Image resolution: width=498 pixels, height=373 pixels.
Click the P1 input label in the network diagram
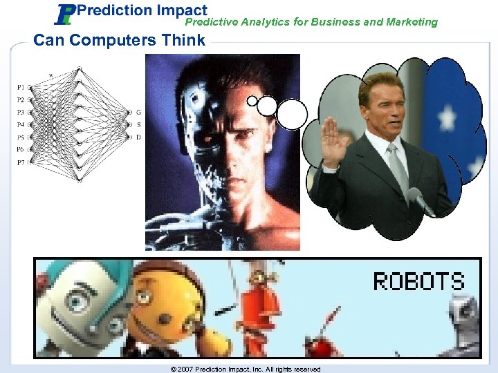21,88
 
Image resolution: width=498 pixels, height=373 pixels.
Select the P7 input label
21,162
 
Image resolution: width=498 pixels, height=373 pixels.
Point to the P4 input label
21,125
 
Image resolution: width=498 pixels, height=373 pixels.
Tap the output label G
138,113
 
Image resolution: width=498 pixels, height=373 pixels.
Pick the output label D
138,137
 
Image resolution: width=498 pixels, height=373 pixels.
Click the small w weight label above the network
51,75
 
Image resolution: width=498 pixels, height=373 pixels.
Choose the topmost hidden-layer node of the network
80,69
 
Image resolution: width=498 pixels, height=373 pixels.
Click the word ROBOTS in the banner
418,281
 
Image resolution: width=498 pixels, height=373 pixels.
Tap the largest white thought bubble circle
292,114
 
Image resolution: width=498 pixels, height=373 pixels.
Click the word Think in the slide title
183,40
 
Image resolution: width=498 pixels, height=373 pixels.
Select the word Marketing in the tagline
412,22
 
